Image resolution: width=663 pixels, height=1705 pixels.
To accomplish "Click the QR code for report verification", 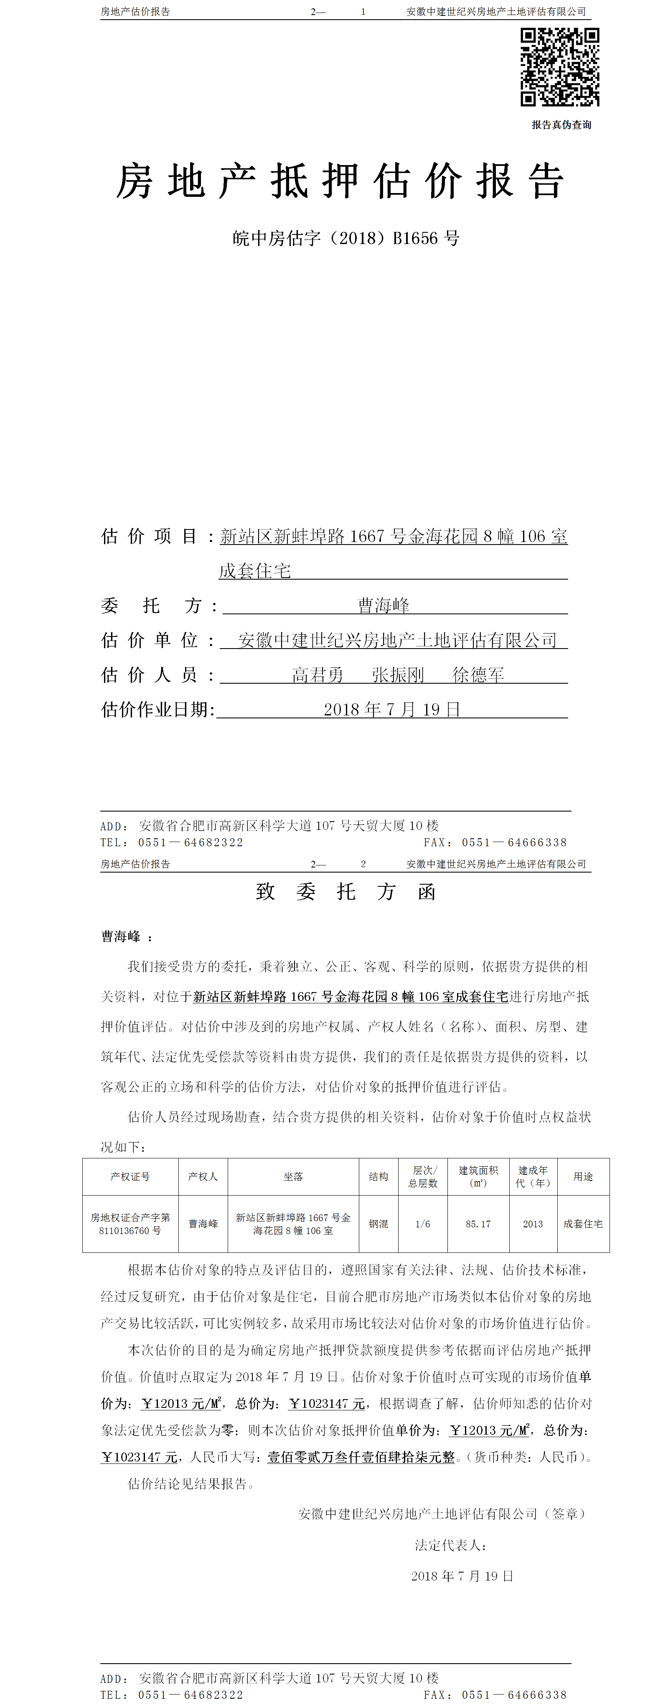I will point(560,67).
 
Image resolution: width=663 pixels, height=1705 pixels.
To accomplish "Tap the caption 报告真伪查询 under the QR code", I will point(561,125).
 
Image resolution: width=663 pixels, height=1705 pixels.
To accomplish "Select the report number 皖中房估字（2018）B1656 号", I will point(345,238).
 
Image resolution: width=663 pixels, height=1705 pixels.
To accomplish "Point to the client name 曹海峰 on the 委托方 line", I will point(384,605).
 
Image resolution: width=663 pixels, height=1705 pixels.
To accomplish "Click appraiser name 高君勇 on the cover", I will point(318,674).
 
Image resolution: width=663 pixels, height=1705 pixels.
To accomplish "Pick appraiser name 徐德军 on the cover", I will point(478,674).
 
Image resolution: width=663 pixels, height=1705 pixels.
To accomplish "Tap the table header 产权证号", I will point(130,1176).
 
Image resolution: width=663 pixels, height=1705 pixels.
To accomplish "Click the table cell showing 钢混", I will point(378,1224).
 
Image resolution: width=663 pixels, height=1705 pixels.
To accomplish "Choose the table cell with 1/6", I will point(423,1224).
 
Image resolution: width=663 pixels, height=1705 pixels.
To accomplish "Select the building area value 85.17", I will point(478,1224).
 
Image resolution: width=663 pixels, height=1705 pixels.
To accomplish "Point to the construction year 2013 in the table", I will point(533,1224).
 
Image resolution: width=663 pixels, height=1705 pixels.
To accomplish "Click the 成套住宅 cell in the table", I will point(583,1224).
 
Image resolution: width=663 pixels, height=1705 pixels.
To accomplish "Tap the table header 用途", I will point(583,1176).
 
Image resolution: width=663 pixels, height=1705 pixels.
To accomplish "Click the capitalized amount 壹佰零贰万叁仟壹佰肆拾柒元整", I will point(361,1457).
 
